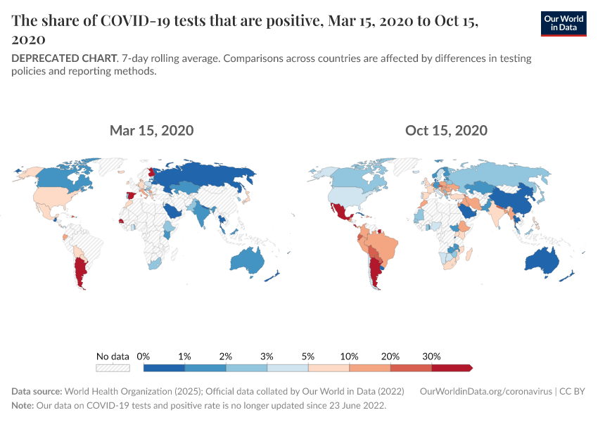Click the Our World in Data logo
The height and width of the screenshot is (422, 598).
(x=564, y=23)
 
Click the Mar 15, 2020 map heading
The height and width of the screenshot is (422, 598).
(x=151, y=130)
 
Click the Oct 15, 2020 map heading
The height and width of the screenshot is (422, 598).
(x=446, y=130)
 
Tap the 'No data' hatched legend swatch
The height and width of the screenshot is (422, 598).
(x=113, y=367)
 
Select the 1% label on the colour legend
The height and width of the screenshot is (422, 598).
(x=185, y=356)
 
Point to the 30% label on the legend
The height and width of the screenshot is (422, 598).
(x=431, y=356)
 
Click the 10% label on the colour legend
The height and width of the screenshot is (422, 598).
(x=350, y=356)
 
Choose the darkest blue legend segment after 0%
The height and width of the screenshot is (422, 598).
(x=164, y=367)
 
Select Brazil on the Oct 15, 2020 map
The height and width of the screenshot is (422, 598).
(x=383, y=247)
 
